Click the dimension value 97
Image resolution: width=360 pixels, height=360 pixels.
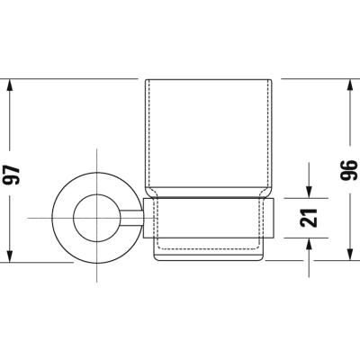pyautogui.click(x=12, y=175)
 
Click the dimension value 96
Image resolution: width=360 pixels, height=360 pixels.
pyautogui.click(x=349, y=170)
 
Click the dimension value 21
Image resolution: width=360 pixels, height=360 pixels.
pyautogui.click(x=309, y=218)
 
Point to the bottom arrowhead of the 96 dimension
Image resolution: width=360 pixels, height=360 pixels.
pyautogui.click(x=349, y=255)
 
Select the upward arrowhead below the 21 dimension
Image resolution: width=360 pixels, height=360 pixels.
pyautogui.click(x=309, y=244)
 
